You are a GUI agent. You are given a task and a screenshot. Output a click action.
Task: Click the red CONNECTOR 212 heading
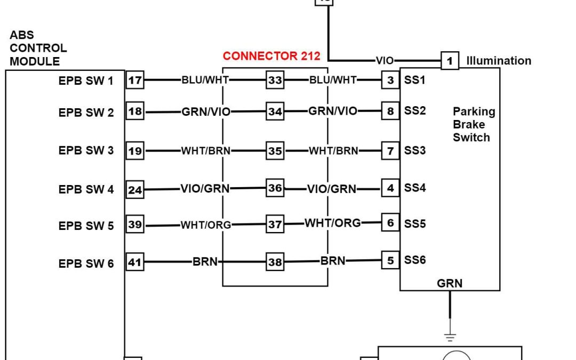point(271,56)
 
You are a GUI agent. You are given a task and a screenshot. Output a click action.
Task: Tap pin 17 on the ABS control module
point(135,81)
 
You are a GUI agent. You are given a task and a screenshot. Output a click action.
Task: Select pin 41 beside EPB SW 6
point(135,262)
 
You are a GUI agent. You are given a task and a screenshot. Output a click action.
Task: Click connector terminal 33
point(275,81)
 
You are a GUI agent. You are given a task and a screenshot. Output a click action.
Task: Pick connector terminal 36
point(275,188)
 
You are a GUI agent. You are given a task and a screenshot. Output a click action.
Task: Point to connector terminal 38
point(275,262)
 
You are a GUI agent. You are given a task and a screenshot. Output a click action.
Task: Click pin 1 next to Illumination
point(450,61)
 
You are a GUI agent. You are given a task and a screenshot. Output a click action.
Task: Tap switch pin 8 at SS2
point(390,111)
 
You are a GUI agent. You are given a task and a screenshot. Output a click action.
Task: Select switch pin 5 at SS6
point(390,261)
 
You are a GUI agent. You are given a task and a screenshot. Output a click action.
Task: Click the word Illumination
point(499,61)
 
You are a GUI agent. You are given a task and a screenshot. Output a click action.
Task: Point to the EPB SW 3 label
point(86,150)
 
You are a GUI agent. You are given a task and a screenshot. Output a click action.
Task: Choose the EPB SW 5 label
point(86,226)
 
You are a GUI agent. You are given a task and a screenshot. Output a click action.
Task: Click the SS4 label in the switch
point(415,188)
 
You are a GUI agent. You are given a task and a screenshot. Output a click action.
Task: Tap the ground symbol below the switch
point(450,337)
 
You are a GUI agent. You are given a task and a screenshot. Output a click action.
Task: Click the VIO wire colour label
point(385,61)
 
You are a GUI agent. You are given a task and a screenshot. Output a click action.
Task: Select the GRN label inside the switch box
point(450,284)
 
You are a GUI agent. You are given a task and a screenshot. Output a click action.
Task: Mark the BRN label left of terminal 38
point(205,262)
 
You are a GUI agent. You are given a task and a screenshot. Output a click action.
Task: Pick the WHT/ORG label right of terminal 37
point(333,223)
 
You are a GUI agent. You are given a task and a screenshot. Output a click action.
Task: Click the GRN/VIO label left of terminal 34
point(206,112)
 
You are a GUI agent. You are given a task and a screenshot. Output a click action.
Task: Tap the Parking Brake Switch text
point(474,124)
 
